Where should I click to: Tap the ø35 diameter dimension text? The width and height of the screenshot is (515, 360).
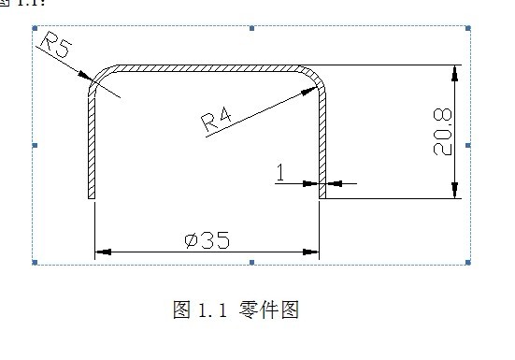click(207, 240)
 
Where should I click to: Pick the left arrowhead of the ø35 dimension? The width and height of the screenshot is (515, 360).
click(103, 252)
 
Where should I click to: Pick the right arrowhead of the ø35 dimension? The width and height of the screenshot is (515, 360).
click(312, 252)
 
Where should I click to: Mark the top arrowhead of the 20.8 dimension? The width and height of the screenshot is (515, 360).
click(455, 74)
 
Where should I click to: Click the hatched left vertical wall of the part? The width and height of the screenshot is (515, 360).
click(93, 150)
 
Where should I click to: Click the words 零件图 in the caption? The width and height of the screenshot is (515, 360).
click(274, 310)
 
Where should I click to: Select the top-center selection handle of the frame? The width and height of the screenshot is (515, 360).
click(251, 29)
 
